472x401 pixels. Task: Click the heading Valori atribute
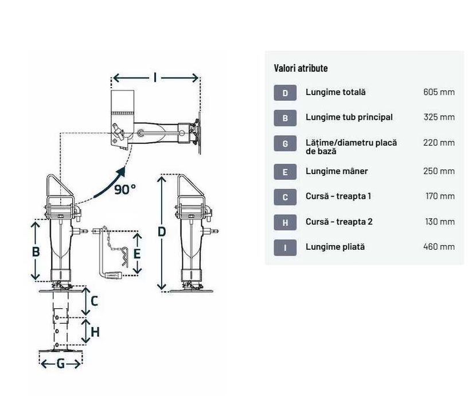[301, 68]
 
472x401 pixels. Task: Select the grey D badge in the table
[285, 93]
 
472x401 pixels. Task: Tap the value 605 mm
[439, 92]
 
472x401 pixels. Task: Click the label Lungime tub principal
[349, 117]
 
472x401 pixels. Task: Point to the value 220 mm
[439, 143]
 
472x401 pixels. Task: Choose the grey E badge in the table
[285, 172]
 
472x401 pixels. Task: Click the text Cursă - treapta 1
[338, 196]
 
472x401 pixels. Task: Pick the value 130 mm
[440, 222]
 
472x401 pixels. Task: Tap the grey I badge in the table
[285, 247]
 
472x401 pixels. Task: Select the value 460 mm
[439, 247]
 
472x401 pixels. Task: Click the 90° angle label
[125, 190]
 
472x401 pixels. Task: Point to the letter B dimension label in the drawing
[36, 251]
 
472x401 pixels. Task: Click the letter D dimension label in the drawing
[162, 232]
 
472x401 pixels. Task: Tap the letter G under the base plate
[61, 364]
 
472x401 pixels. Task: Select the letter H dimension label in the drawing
[95, 332]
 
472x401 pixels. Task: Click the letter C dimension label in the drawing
[94, 301]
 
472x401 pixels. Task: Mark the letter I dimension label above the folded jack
[155, 77]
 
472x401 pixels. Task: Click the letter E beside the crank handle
[137, 254]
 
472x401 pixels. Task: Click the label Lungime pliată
[335, 247]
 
